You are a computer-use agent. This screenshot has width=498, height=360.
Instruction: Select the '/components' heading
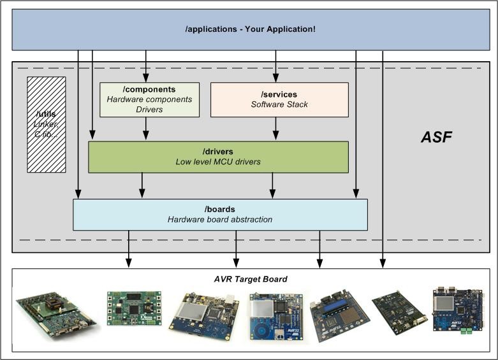pos(150,90)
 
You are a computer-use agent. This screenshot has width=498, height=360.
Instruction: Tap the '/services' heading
pos(279,94)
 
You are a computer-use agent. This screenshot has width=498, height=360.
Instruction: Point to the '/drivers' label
pos(219,152)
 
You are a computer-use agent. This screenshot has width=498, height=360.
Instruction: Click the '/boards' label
pos(220,209)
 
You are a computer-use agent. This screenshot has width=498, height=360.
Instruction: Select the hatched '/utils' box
pos(47,124)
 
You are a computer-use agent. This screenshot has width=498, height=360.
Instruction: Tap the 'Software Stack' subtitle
pos(279,104)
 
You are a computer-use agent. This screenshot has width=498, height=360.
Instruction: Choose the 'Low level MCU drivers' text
pos(219,162)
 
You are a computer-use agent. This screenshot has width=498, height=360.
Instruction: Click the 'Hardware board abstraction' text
pos(220,219)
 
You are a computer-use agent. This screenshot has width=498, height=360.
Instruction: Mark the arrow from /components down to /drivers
pos(146,129)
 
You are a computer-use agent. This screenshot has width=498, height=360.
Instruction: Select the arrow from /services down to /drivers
pos(275,129)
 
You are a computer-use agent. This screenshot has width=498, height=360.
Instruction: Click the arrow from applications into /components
pos(146,66)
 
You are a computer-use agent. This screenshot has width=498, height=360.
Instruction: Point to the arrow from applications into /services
pos(275,66)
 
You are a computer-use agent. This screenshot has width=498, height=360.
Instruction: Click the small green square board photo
pos(133,308)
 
